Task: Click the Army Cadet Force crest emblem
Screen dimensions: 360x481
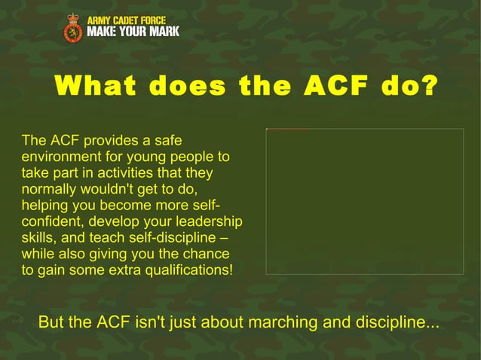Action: [73, 28]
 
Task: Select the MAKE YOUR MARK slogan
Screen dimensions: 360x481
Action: [133, 32]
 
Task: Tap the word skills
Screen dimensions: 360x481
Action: [38, 238]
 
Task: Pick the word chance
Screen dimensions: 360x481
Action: [206, 255]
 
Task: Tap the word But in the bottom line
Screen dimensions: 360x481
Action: [51, 323]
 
